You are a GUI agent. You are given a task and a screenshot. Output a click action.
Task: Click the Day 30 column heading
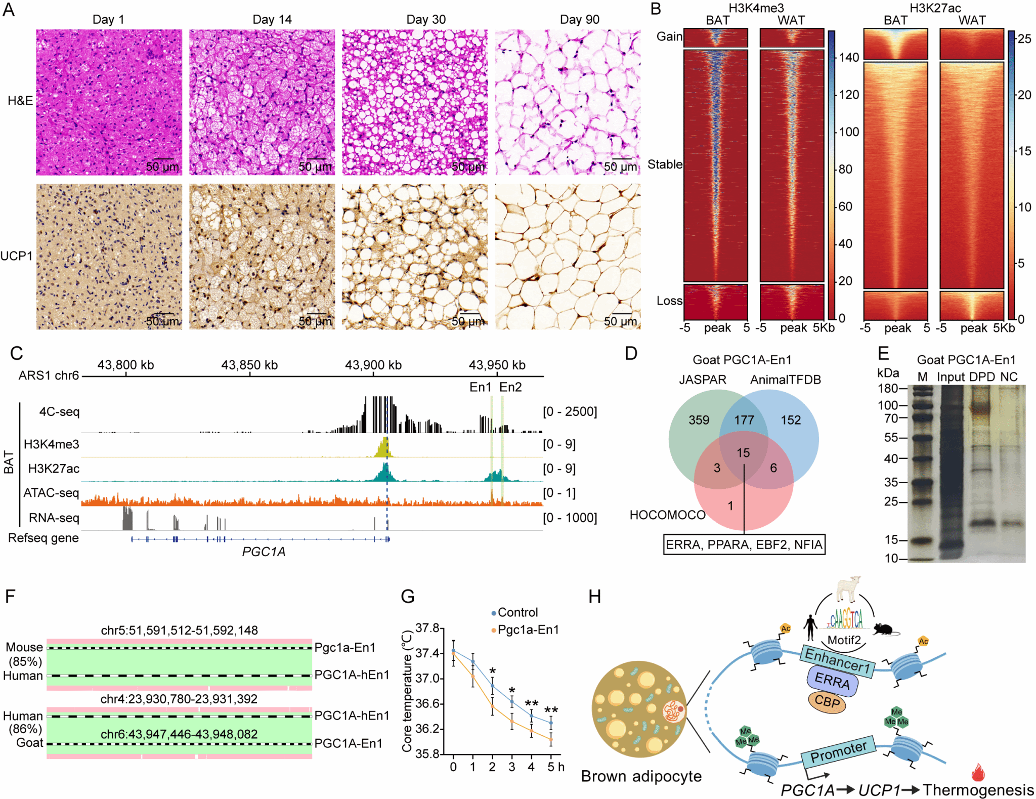tap(426, 20)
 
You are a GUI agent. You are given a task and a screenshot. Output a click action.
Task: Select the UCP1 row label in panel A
tap(16, 256)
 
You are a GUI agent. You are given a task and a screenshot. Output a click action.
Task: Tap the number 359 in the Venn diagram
tap(699, 420)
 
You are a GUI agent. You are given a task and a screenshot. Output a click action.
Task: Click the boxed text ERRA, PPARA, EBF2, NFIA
tap(744, 545)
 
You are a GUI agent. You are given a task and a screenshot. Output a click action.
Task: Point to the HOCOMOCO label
tap(667, 515)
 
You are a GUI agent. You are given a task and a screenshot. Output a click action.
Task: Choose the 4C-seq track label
tap(59, 412)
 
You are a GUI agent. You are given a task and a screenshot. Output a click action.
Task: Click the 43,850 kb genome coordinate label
tap(249, 365)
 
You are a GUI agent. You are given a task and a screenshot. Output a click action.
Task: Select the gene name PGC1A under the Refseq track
tap(264, 552)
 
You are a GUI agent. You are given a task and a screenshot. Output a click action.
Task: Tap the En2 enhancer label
tap(510, 387)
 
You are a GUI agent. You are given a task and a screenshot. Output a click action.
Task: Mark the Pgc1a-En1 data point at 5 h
tap(551, 739)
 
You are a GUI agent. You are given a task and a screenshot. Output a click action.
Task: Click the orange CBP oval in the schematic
tap(827, 702)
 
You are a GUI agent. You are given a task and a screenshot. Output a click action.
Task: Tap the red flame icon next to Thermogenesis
tap(978, 772)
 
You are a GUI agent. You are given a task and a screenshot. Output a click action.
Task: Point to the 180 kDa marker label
tap(887, 389)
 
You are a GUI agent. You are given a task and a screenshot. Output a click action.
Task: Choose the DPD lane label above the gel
tap(982, 377)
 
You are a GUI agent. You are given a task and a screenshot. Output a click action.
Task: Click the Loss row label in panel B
tap(669, 301)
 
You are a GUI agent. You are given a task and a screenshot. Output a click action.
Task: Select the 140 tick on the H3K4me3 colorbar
tap(849, 57)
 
